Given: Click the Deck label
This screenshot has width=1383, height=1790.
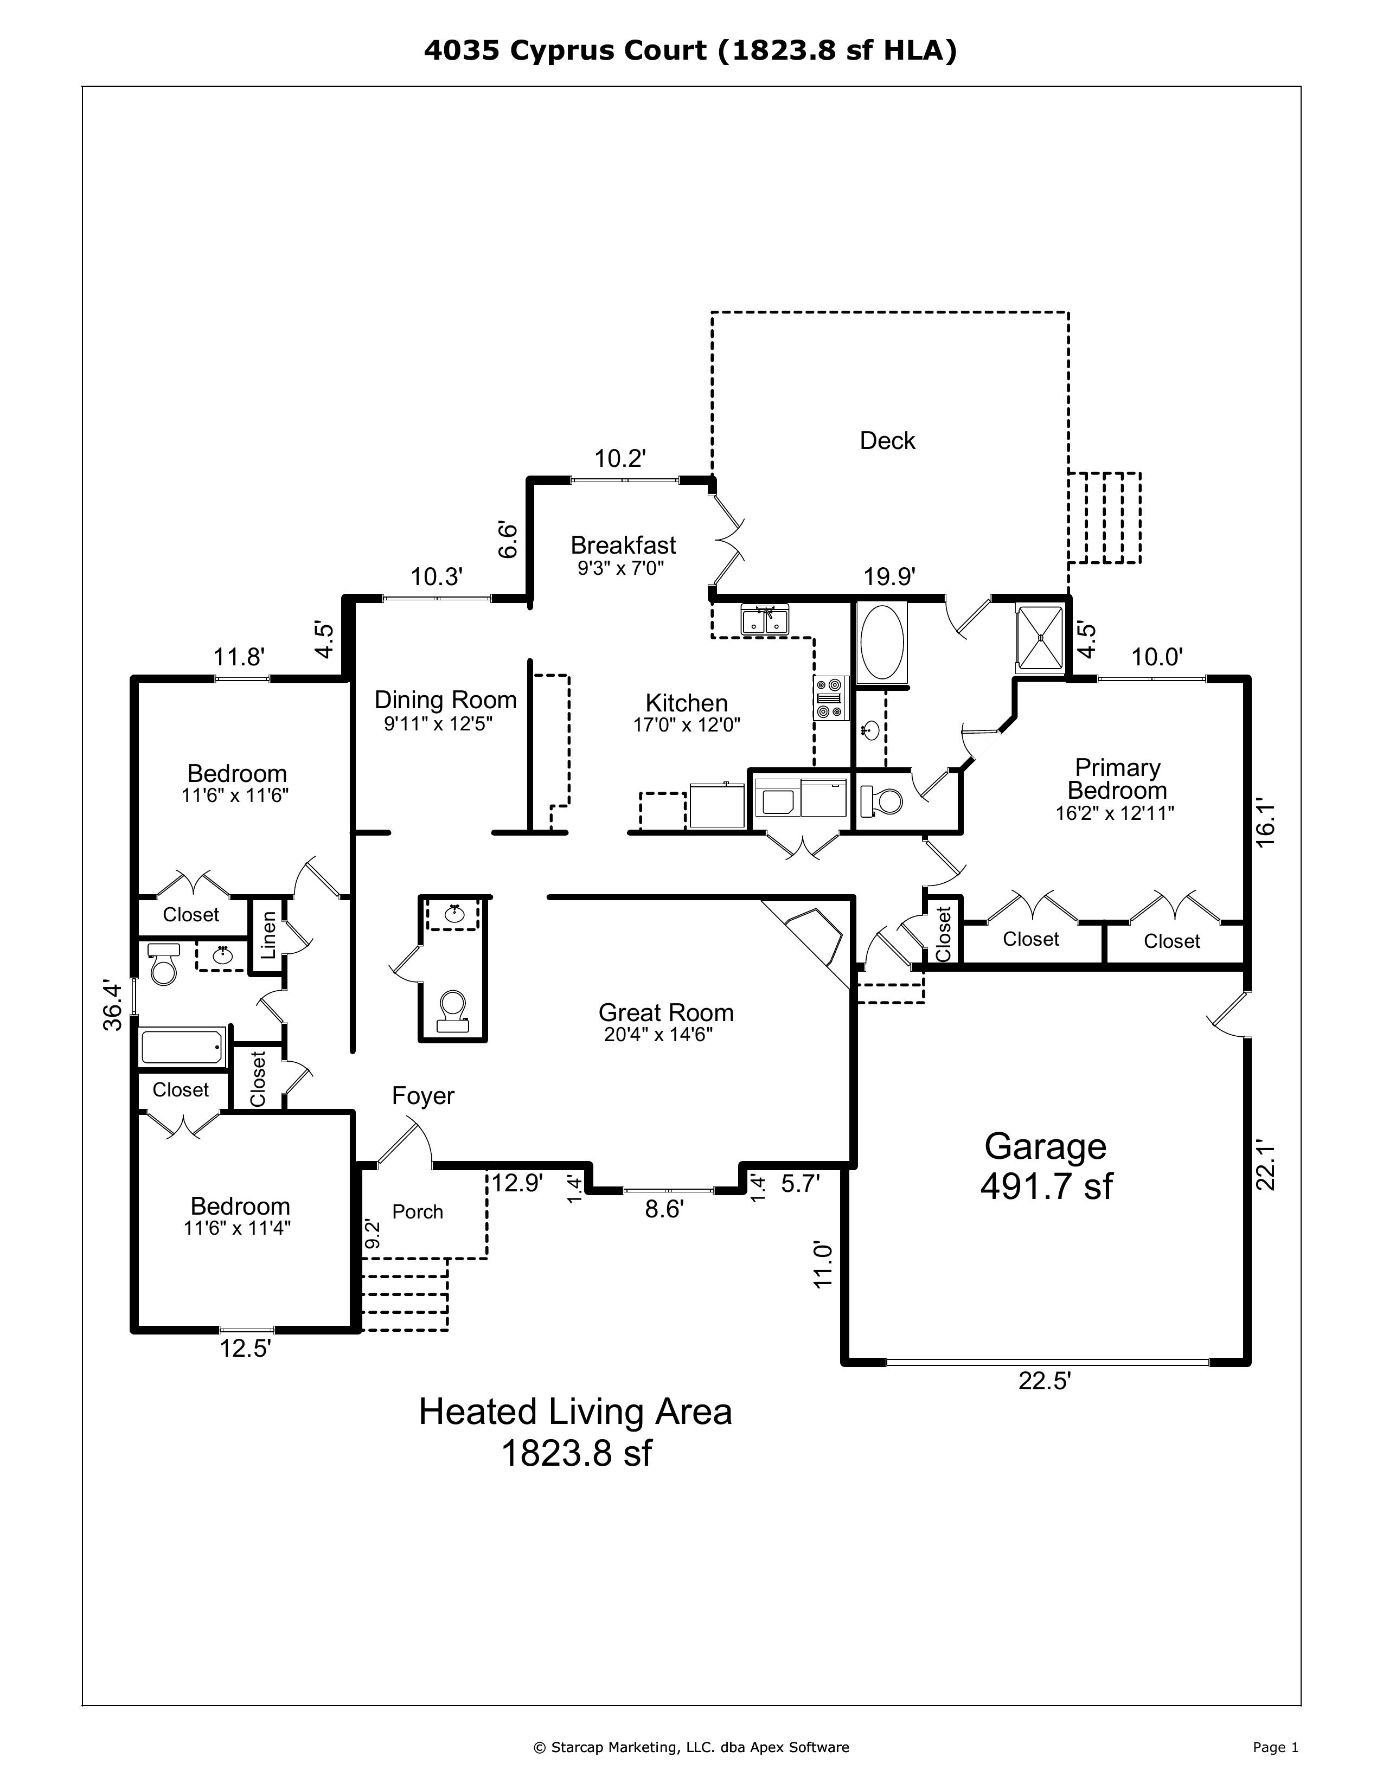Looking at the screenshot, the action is [887, 441].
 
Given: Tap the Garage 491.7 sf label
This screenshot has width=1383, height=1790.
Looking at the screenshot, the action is [1046, 1166].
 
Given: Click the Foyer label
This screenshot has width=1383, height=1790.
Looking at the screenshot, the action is [423, 1096].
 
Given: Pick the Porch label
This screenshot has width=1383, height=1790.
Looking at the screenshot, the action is [417, 1211].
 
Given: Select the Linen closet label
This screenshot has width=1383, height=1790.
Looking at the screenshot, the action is [268, 936].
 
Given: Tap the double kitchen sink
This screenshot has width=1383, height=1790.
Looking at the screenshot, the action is [764, 620].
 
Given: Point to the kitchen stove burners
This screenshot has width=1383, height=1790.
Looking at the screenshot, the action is [830, 697].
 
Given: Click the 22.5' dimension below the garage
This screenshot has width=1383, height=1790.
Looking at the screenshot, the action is [1045, 1381].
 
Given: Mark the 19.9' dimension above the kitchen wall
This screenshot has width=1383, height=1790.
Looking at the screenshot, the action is [889, 577].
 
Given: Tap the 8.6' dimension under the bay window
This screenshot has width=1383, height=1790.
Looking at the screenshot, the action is [664, 1209].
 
